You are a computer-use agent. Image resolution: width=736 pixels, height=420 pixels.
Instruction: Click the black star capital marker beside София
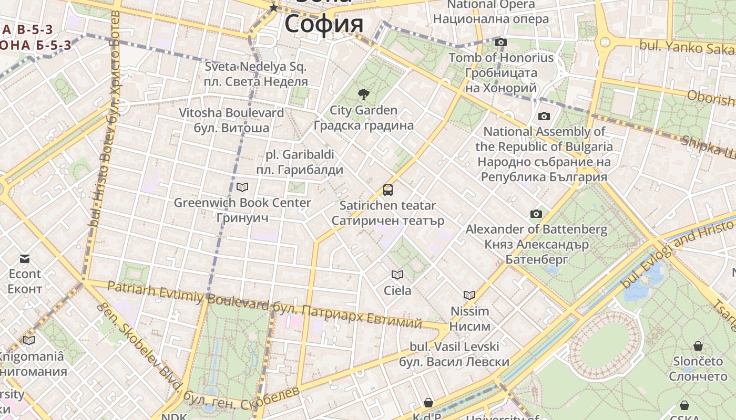tap(273, 7)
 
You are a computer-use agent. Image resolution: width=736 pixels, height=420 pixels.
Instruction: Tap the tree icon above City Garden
tap(363, 94)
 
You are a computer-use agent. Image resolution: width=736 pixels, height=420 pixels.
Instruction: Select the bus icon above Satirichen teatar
tap(388, 190)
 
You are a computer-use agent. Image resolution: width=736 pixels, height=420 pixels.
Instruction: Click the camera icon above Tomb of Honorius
tap(501, 42)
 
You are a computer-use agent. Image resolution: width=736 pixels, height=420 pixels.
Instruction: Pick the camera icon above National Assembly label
tap(544, 116)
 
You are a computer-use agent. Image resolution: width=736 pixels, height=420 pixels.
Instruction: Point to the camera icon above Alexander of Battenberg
tap(536, 214)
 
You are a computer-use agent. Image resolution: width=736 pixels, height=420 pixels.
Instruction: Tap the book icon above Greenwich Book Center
tap(242, 187)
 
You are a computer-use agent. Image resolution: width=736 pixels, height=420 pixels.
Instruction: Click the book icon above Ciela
tap(397, 275)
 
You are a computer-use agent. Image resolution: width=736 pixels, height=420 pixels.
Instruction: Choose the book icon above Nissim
tap(469, 295)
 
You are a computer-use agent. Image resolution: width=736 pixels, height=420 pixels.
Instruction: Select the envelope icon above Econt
tap(25, 258)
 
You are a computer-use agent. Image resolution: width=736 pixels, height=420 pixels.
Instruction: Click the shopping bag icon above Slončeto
tap(698, 346)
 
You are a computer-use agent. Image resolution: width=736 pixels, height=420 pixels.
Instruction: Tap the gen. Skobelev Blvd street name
tap(139, 344)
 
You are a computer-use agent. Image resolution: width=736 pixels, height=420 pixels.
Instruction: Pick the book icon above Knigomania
tap(29, 340)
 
